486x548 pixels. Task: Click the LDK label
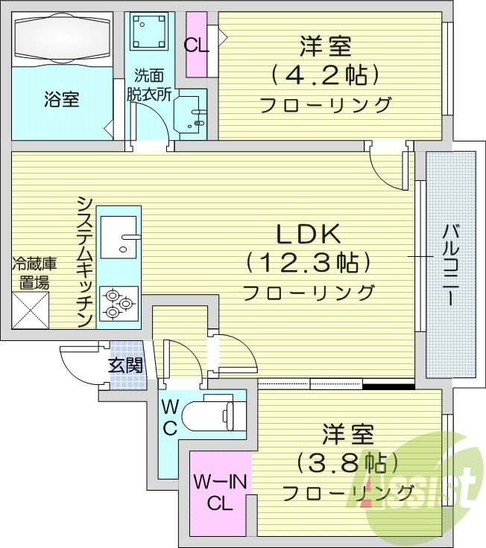pyautogui.click(x=309, y=235)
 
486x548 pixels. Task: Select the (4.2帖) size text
pyautogui.click(x=326, y=74)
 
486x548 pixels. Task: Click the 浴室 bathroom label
pyautogui.click(x=62, y=99)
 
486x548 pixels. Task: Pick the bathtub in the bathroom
pyautogui.click(x=62, y=39)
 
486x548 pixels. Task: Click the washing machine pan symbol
pyautogui.click(x=148, y=31)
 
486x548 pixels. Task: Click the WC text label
pyautogui.click(x=169, y=418)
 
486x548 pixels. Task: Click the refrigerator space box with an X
pyautogui.click(x=30, y=309)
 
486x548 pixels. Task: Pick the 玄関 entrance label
pyautogui.click(x=125, y=365)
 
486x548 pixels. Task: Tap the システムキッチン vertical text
pyautogui.click(x=85, y=261)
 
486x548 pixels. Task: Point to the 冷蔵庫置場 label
pyautogui.click(x=31, y=273)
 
